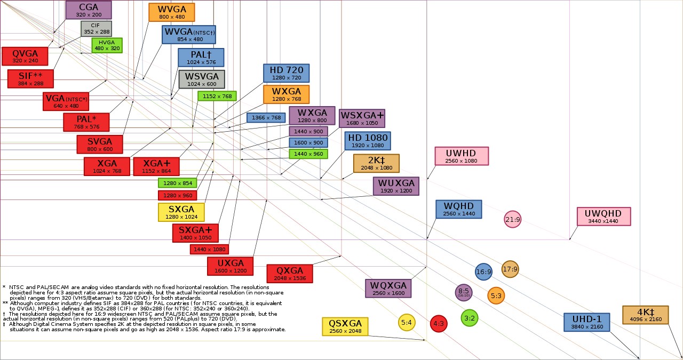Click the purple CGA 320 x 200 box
click(89, 10)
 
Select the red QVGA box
click(25, 56)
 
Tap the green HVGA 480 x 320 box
click(107, 45)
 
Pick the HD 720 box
click(286, 73)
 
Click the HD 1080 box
click(367, 141)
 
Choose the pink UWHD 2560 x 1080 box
click(462, 156)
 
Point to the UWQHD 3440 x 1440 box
click(603, 217)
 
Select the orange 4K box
click(645, 315)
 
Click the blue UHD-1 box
click(586, 322)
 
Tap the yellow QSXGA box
click(345, 326)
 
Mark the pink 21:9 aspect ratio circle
click(512, 219)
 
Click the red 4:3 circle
click(438, 323)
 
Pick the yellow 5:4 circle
click(407, 322)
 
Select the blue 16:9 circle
click(483, 272)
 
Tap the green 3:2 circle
click(470, 318)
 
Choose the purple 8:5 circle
click(463, 292)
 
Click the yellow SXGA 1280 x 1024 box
click(181, 212)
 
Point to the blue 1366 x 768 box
click(266, 118)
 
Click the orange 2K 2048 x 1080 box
click(376, 163)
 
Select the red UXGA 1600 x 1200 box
click(231, 266)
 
